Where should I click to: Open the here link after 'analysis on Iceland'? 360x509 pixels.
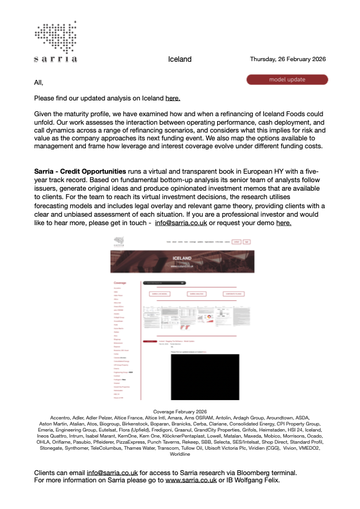tap(172, 98)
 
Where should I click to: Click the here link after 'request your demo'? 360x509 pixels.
tap(284, 223)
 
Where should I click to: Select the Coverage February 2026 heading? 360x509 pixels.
tap(180, 412)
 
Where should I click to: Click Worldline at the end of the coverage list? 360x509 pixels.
tap(180, 454)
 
